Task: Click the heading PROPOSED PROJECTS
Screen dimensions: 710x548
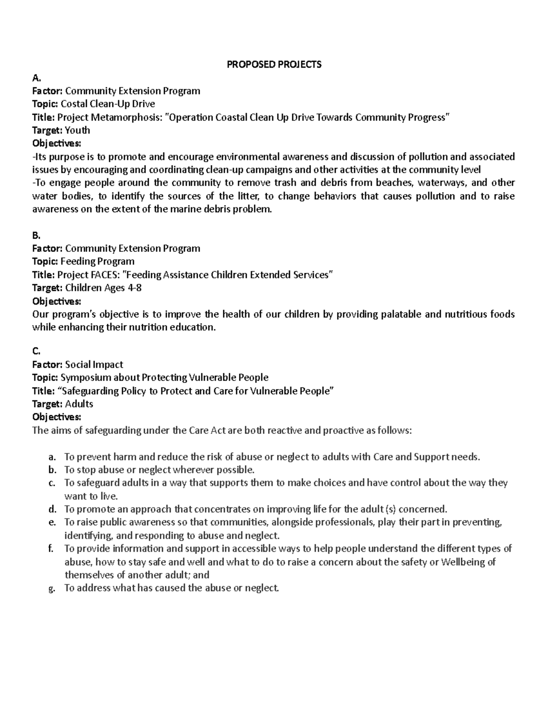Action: click(x=274, y=64)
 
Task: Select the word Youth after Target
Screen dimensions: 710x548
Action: click(x=77, y=130)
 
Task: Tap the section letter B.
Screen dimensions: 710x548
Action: click(x=36, y=235)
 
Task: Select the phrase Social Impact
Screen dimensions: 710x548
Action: click(x=94, y=364)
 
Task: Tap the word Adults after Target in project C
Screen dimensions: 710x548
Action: click(x=79, y=404)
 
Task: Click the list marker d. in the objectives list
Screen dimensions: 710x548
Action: click(x=52, y=509)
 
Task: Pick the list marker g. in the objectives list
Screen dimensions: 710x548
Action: click(x=52, y=588)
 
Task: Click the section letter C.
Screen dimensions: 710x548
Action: click(x=36, y=351)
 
